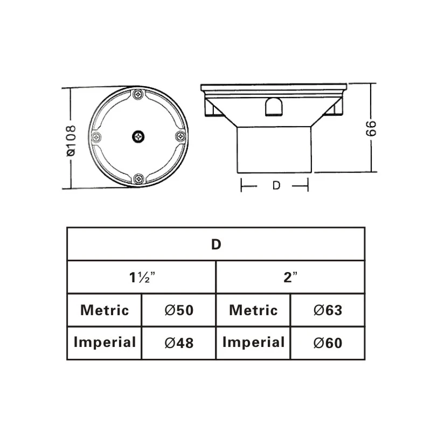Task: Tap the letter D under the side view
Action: click(276, 185)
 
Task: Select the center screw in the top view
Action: click(138, 137)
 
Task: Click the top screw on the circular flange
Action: click(138, 95)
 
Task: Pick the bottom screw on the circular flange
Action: click(138, 178)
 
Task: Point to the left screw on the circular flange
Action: click(97, 137)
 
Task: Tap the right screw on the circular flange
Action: click(180, 137)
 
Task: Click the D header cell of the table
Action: click(215, 244)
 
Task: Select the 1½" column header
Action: click(141, 277)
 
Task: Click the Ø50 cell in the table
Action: click(178, 310)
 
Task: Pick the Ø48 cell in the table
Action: click(178, 342)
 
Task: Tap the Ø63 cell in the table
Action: click(327, 310)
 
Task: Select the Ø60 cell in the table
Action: click(327, 342)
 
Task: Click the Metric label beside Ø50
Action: click(105, 310)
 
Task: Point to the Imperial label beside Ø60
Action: click(253, 342)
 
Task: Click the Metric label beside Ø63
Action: click(253, 310)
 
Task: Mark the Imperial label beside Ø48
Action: click(105, 342)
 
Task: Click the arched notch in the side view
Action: click(274, 106)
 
